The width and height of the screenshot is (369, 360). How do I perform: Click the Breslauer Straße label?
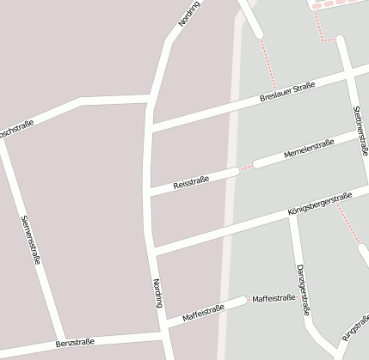tap(287, 94)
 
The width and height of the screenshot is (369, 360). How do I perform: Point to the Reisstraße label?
tap(191, 182)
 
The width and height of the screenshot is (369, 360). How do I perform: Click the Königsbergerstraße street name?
tap(317, 205)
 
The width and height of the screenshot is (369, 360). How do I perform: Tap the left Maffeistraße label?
tap(203, 313)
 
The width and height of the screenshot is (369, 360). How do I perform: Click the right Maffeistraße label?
tap(274, 298)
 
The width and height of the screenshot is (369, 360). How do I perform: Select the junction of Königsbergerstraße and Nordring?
tap(153, 253)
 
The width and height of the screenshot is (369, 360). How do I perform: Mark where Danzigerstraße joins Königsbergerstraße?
tap(292, 211)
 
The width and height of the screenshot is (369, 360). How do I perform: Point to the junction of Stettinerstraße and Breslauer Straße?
tap(349, 75)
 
